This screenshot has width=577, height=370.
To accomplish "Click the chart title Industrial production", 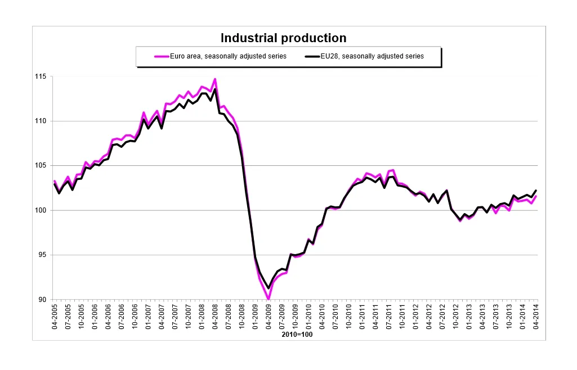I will click(x=283, y=38).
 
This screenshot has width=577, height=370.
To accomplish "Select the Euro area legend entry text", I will click(x=229, y=56).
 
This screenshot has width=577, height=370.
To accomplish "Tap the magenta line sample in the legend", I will click(x=162, y=56).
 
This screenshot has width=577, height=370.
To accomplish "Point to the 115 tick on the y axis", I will click(x=42, y=76).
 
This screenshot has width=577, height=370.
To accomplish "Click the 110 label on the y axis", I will click(x=42, y=121).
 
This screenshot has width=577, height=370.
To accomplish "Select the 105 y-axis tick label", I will click(x=42, y=166).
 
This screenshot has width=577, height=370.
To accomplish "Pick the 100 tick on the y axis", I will click(x=42, y=210).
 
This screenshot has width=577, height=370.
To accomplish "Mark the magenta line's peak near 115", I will click(x=215, y=79).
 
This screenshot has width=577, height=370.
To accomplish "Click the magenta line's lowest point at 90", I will click(x=269, y=299).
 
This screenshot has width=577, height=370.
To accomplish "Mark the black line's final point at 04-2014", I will click(x=536, y=191).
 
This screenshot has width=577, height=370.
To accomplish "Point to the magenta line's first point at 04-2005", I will click(x=55, y=181).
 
